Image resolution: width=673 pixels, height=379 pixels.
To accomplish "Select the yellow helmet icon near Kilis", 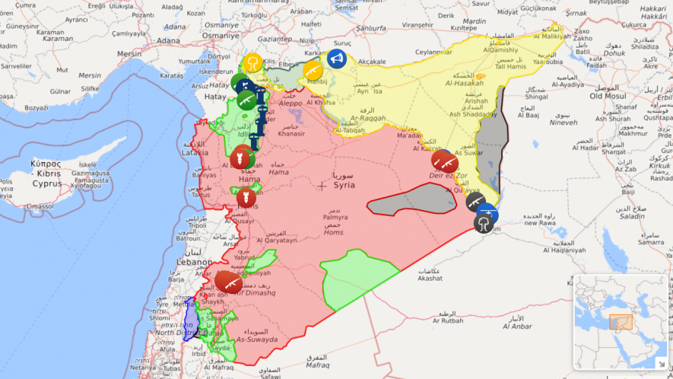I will click(252, 62).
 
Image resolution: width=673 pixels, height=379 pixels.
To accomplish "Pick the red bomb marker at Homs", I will click(245, 199).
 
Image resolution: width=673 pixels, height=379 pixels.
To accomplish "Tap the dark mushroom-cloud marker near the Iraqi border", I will click(482, 223).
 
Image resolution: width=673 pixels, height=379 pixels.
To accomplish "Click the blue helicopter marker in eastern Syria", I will click(488, 212).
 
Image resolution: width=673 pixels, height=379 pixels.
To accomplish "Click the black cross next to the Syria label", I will click(322, 185).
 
